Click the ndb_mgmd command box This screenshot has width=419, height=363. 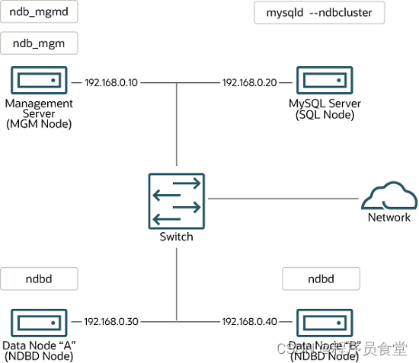pyautogui.click(x=39, y=13)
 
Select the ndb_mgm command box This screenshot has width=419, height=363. pyautogui.click(x=39, y=44)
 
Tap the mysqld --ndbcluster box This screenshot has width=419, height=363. pyautogui.click(x=318, y=13)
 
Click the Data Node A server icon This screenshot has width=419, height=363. pyautogui.click(x=38, y=322)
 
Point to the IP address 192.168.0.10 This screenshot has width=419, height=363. pyautogui.click(x=111, y=82)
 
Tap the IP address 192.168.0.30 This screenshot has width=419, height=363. pyautogui.click(x=111, y=322)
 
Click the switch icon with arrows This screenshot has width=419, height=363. pyautogui.click(x=176, y=199)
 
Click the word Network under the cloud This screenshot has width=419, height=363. pyautogui.click(x=389, y=218)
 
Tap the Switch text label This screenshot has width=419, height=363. pyautogui.click(x=176, y=237)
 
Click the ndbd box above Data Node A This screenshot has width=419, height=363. pyautogui.click(x=39, y=279)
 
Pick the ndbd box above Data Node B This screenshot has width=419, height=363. pyautogui.click(x=321, y=279)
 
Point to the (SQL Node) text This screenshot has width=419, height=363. pyautogui.click(x=325, y=115)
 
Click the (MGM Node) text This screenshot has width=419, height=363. pyautogui.click(x=38, y=125)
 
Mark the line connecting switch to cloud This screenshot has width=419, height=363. pyautogui.click(x=282, y=199)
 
